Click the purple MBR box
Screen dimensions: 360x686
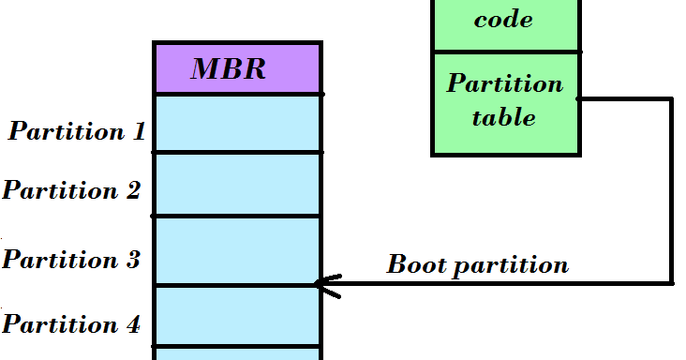point(238,67)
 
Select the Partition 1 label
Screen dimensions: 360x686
point(77,131)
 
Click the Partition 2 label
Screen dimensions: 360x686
point(72,190)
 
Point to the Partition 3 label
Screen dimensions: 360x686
point(71,259)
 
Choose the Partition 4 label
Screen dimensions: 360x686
point(71,325)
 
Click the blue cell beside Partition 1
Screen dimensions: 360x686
point(238,123)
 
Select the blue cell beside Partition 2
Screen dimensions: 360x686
point(238,184)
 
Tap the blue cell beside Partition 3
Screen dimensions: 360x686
point(238,250)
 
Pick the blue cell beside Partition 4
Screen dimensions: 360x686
point(238,316)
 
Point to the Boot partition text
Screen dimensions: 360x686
point(477,264)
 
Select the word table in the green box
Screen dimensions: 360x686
point(503,118)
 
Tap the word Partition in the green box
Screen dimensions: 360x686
point(504,83)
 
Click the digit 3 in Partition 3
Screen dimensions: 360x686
point(132,259)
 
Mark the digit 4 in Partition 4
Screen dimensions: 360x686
point(133,325)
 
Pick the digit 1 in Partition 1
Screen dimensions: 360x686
point(140,131)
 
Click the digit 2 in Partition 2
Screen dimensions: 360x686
point(133,190)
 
